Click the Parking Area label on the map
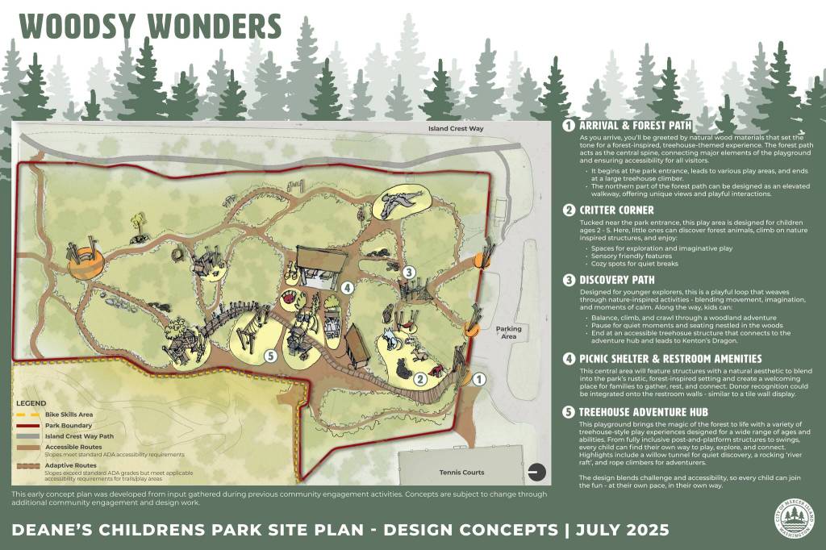click(508, 333)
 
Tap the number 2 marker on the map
click(419, 379)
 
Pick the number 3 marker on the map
click(409, 272)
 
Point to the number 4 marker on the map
click(347, 287)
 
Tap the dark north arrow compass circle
click(534, 471)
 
